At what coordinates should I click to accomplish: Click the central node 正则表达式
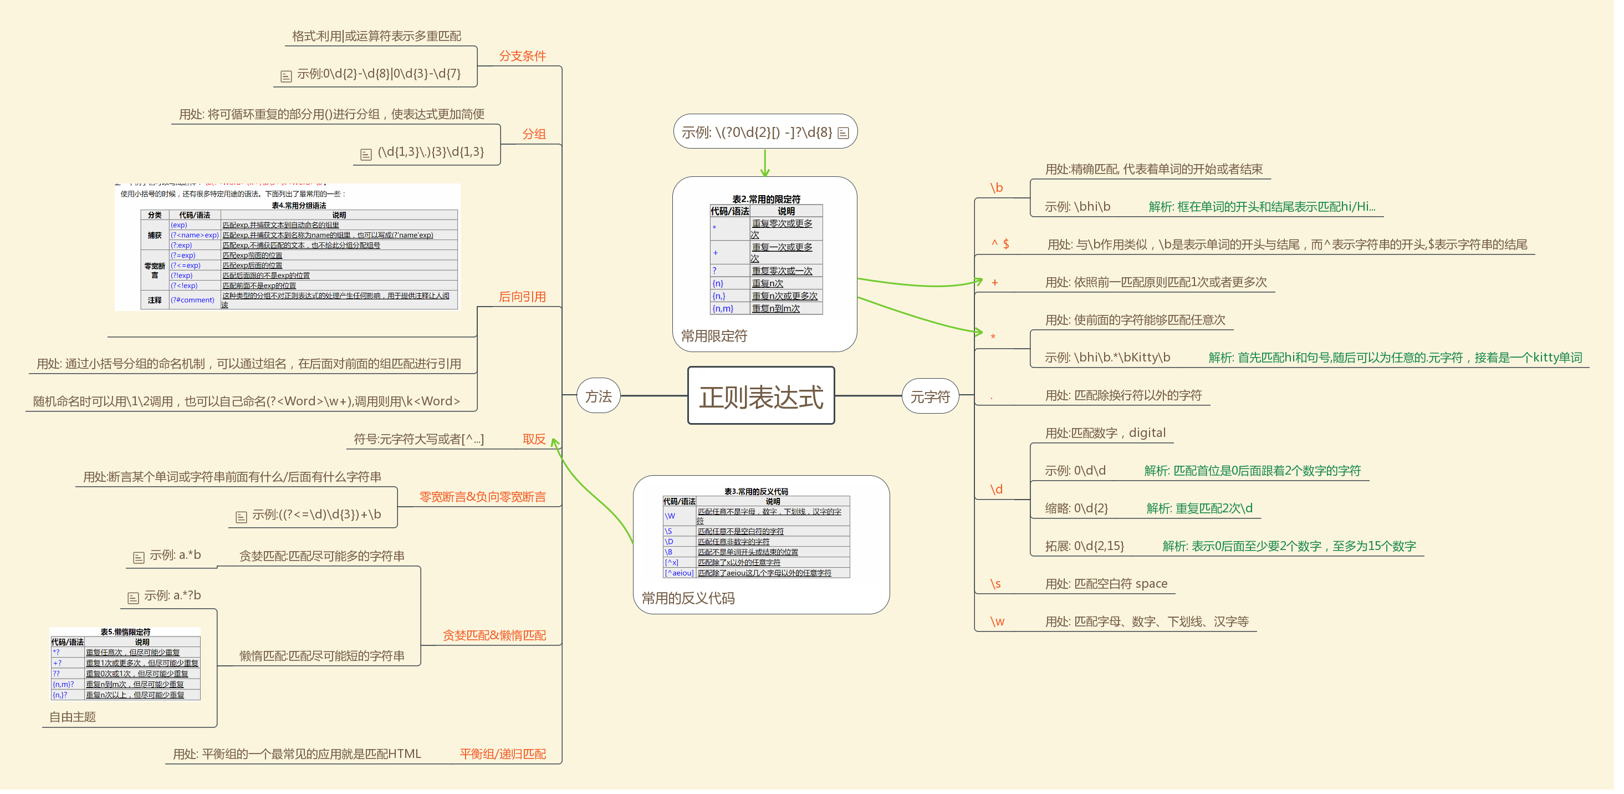point(761,396)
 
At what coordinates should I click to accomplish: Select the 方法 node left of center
point(598,396)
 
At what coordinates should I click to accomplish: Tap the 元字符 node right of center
point(930,396)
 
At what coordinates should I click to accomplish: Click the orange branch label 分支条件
point(522,56)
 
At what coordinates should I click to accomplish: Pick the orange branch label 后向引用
point(522,297)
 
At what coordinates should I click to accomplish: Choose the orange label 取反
point(534,439)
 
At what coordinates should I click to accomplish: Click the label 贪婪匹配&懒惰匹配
point(494,635)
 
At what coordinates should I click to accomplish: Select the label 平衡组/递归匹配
point(503,754)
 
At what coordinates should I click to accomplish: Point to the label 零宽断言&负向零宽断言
point(482,497)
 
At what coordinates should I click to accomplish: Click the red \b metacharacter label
point(996,188)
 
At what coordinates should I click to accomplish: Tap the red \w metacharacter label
point(997,622)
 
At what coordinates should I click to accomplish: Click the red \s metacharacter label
point(995,584)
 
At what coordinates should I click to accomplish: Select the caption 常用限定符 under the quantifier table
point(714,336)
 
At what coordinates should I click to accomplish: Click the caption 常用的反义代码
point(688,598)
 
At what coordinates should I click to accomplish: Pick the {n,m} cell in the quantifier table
point(723,309)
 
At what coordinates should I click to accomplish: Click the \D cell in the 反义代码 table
point(669,542)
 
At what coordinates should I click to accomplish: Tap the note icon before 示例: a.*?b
point(133,598)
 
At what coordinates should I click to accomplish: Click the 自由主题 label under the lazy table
point(73,717)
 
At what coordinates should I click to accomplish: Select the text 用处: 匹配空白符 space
point(1106,584)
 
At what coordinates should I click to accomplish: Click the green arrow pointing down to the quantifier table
point(765,164)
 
